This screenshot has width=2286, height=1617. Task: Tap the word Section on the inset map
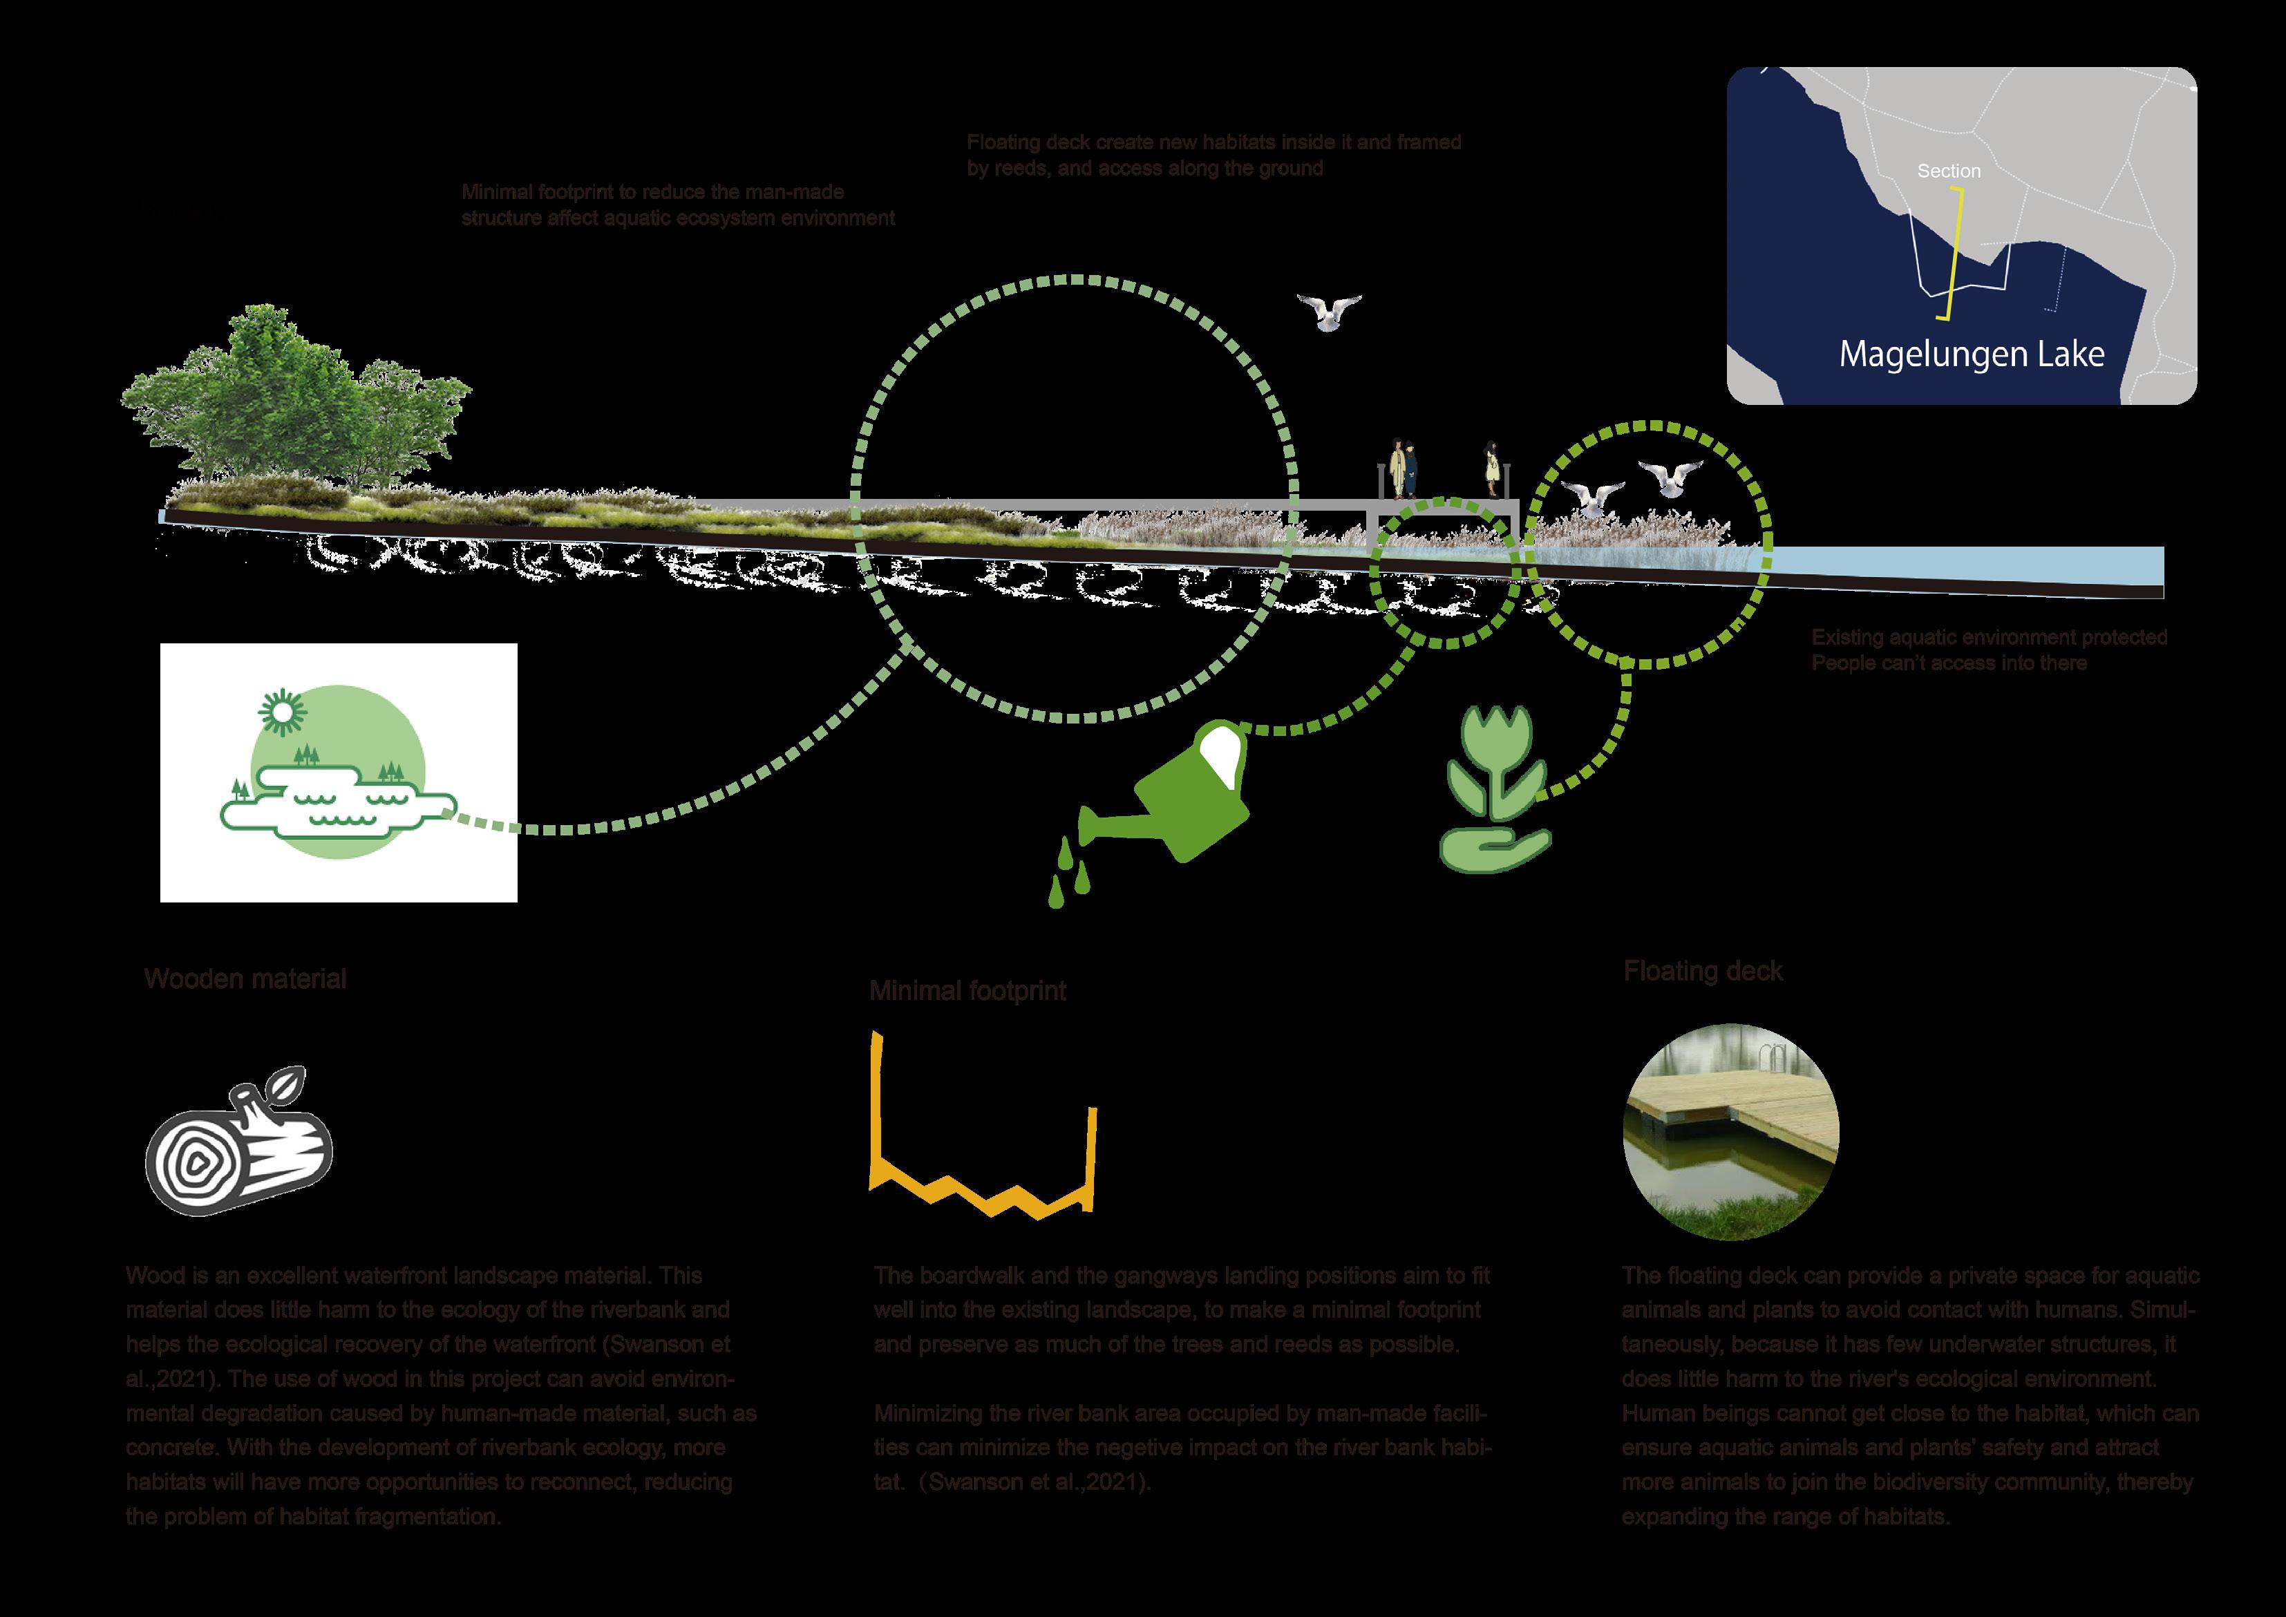(x=1949, y=171)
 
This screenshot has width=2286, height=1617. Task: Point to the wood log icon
(x=239, y=1154)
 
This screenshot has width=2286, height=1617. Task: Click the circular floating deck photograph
(x=1730, y=1135)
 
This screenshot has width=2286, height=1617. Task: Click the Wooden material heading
(x=245, y=978)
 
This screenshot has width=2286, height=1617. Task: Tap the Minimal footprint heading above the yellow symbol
(x=967, y=991)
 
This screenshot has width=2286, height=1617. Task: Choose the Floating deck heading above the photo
(x=1703, y=972)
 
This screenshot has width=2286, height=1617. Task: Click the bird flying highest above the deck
(x=1328, y=312)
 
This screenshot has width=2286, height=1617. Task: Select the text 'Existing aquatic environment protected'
(x=1988, y=637)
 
